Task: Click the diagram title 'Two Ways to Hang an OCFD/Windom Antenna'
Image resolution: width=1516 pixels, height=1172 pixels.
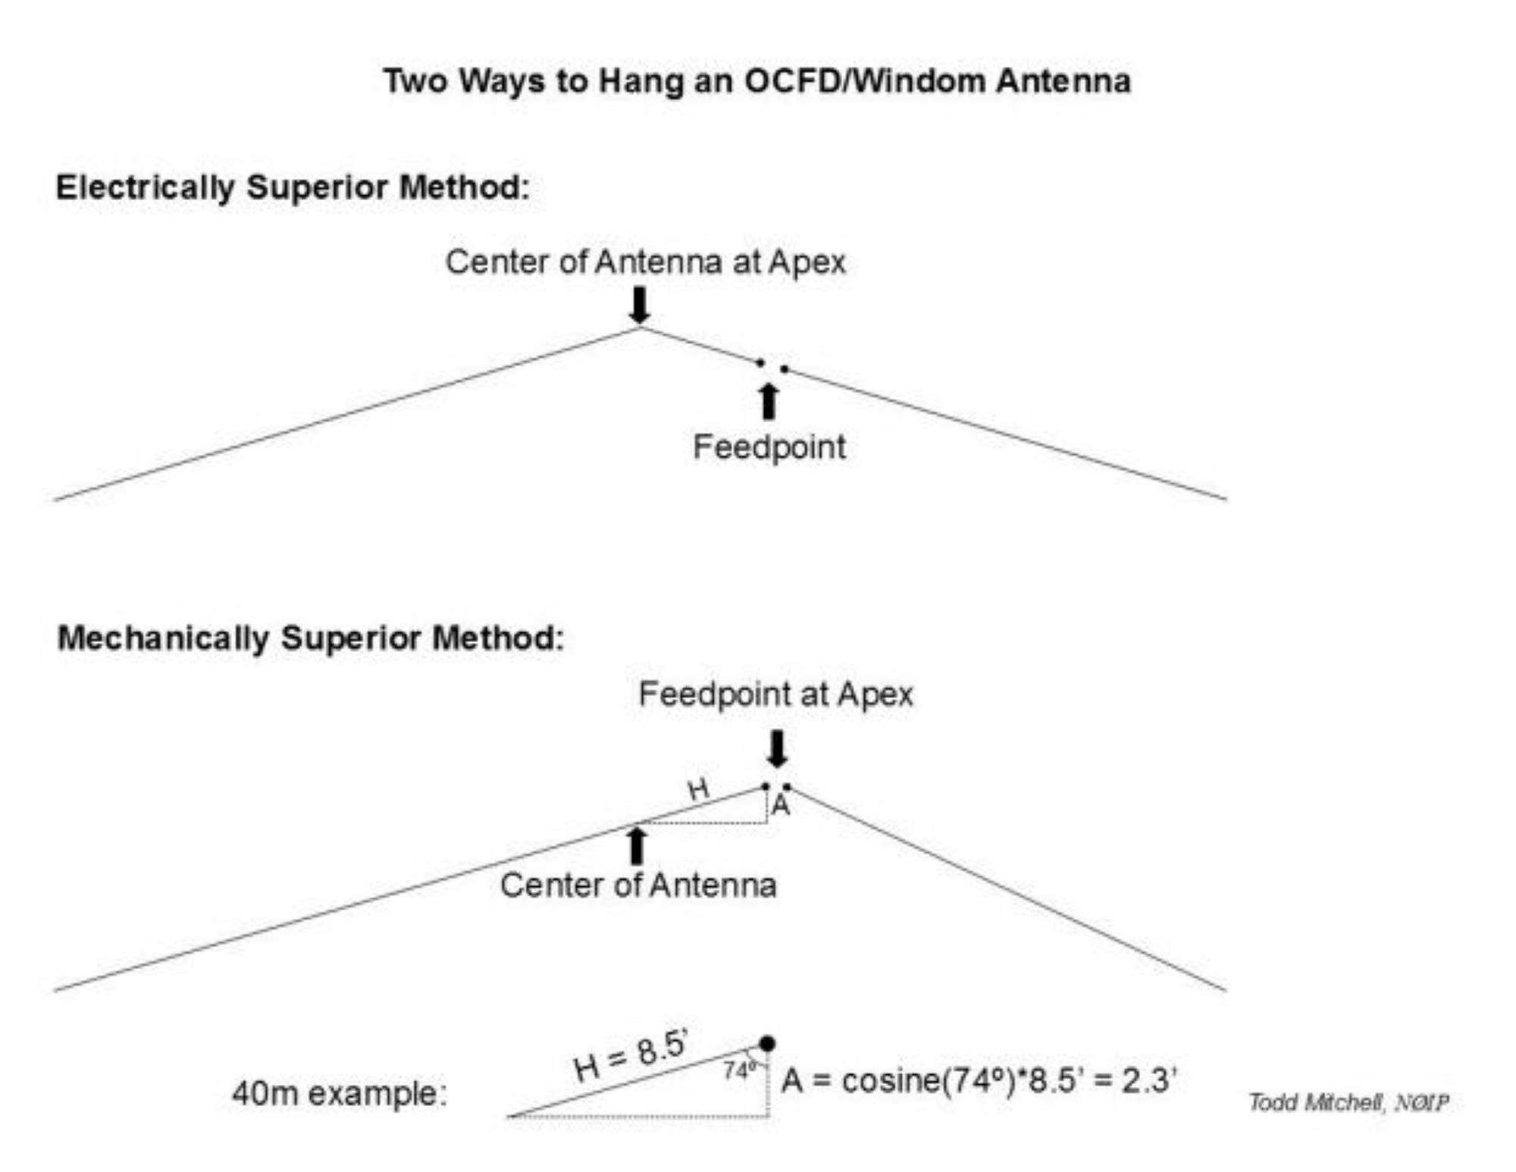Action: coord(756,81)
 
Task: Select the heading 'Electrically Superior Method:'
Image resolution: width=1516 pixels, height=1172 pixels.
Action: coord(293,187)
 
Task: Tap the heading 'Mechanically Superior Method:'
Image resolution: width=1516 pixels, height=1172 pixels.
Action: coord(311,638)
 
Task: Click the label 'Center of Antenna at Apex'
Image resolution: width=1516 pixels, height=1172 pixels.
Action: coord(645,262)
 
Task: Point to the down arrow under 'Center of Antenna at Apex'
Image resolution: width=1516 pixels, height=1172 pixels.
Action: coord(641,305)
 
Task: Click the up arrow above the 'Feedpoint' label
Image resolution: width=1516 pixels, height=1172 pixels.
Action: coord(769,402)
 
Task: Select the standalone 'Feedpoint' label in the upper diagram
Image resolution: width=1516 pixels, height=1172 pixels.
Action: coord(769,447)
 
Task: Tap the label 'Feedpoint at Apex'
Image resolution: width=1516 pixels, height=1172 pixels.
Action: coord(775,694)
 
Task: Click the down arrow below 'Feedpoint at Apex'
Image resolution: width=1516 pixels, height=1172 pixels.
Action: coord(777,749)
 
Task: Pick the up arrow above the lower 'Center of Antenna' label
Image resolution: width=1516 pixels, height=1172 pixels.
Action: coord(637,846)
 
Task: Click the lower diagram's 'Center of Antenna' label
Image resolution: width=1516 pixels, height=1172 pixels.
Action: coord(638,885)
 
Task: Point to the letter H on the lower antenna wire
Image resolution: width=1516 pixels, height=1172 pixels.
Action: coord(698,790)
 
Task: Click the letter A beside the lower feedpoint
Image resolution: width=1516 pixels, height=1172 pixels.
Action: coord(781,806)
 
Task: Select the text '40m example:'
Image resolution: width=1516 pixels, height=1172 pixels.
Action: coord(340,1094)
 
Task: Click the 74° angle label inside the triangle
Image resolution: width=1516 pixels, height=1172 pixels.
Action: coord(739,1071)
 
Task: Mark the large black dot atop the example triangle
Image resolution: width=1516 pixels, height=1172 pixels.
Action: coord(767,1044)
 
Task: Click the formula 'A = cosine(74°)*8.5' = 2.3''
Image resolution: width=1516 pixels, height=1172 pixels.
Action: coord(979,1080)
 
